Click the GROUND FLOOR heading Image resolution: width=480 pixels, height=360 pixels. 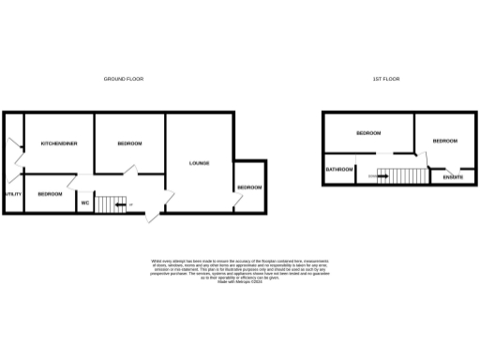123,79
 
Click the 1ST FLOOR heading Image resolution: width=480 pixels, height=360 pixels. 385,79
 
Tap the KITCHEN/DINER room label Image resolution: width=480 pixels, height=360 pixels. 58,142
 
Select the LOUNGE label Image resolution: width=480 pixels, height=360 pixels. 199,163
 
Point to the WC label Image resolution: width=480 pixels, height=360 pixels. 83,202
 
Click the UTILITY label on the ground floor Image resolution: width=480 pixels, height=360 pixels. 11,194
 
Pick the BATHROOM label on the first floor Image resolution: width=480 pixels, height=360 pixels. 339,170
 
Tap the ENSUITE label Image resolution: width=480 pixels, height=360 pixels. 440,176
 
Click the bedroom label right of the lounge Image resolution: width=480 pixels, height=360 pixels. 249,187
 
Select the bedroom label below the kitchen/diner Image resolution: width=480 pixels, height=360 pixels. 50,193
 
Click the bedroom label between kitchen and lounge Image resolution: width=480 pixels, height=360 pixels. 129,142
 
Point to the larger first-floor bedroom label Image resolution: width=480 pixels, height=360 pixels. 368,133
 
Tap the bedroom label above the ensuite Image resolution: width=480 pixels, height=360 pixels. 444,141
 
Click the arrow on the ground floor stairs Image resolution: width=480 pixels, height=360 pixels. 120,203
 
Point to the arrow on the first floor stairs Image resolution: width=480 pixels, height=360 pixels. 382,175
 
